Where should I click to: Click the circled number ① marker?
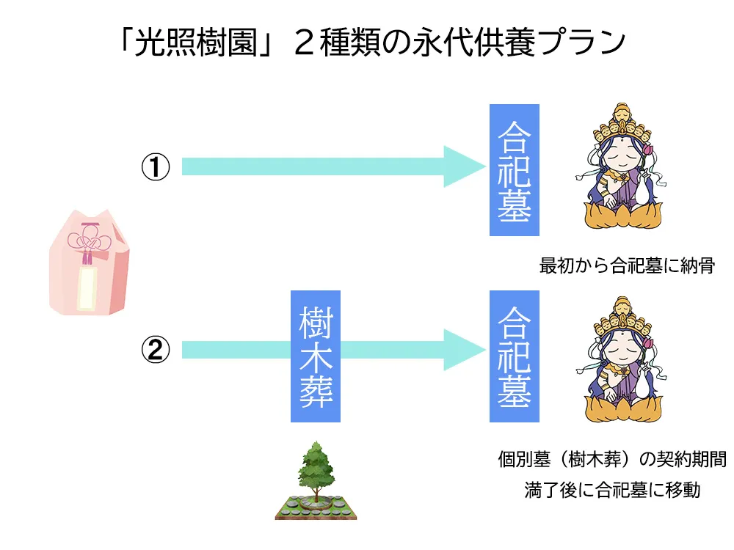pos(156,168)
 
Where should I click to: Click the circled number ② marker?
pos(156,351)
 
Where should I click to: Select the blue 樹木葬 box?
pos(316,356)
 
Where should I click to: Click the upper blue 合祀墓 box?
pos(515,170)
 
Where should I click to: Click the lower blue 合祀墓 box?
pos(515,356)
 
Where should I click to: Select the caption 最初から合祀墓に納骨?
pos(627,265)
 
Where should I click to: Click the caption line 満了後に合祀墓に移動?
pos(612,489)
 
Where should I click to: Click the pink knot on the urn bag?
pos(87,242)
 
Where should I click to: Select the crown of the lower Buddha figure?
pos(621,312)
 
